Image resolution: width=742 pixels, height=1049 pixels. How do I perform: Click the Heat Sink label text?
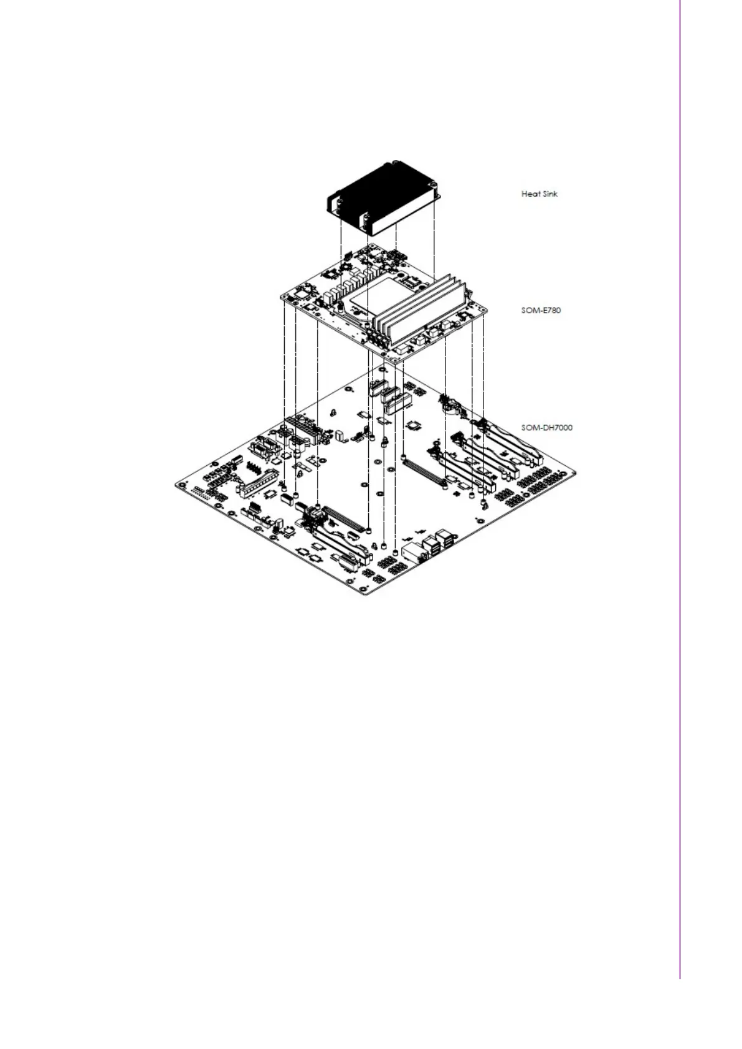539,194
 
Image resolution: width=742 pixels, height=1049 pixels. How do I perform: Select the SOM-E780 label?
541,310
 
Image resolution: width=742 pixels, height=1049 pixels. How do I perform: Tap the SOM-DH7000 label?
546,427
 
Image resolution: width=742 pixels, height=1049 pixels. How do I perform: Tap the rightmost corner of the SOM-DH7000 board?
574,474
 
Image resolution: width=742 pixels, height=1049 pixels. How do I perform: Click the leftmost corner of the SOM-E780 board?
282,298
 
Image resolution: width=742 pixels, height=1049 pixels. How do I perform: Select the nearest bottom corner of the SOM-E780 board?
394,361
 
